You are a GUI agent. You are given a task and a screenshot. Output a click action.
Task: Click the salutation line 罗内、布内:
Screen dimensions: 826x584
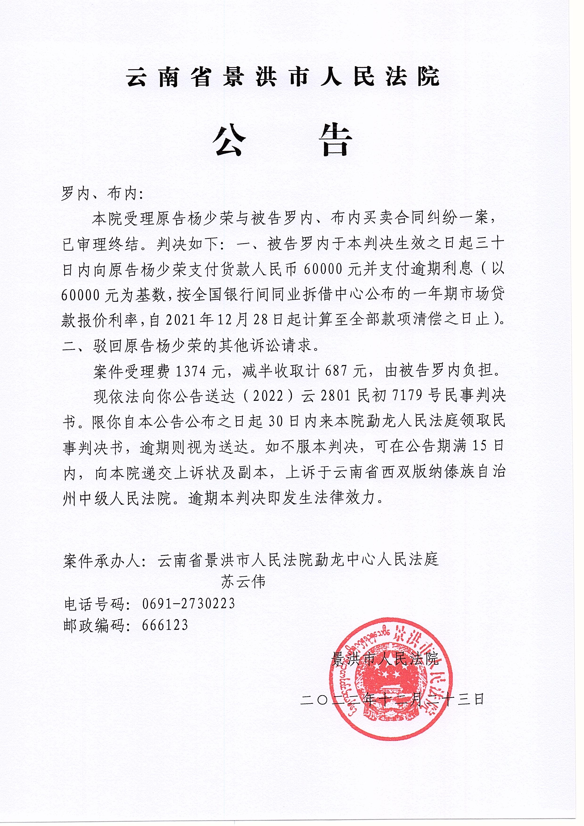103,194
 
